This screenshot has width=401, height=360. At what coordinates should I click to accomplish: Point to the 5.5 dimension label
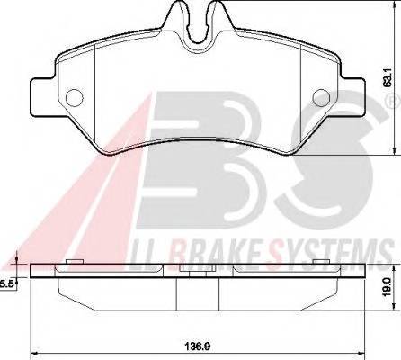(x=5, y=283)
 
